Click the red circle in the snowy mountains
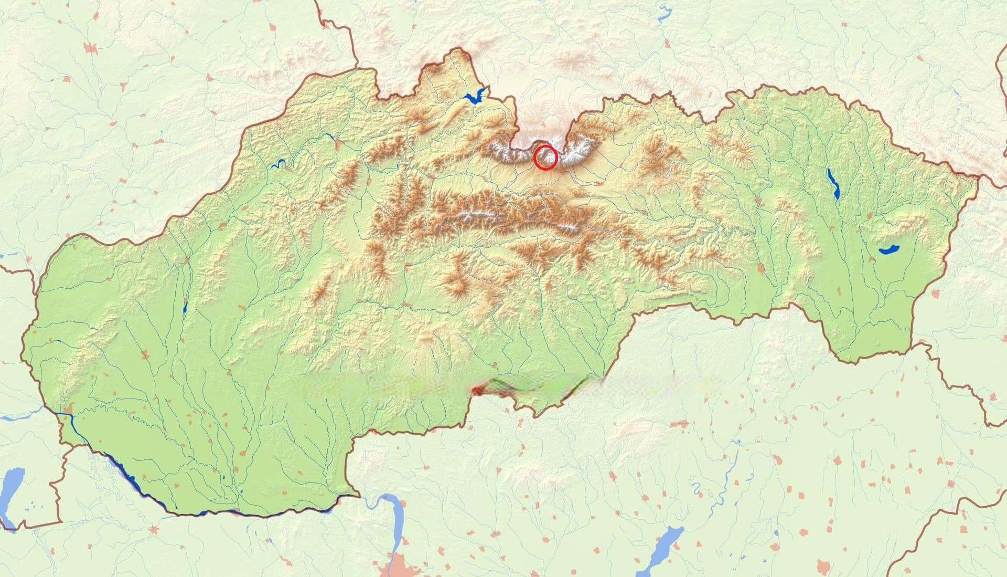[545, 158]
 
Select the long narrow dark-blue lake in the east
[833, 183]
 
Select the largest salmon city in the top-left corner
[91, 48]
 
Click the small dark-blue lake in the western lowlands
[185, 308]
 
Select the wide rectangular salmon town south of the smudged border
[680, 424]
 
